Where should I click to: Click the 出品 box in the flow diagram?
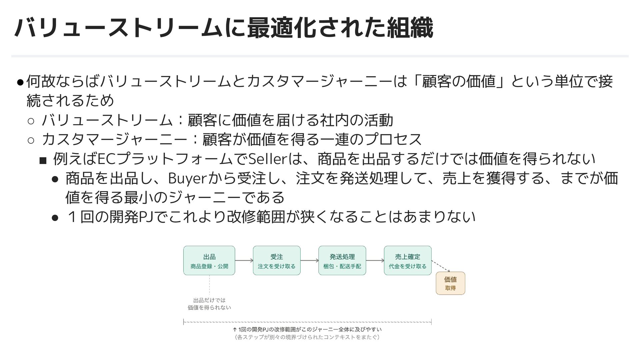point(209,260)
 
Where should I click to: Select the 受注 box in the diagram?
point(277,260)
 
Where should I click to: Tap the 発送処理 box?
point(342,260)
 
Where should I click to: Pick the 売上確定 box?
point(407,260)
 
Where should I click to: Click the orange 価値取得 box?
point(450,283)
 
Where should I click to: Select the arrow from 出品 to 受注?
point(244,261)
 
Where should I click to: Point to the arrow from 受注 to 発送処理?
point(309,261)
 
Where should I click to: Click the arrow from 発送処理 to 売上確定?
point(375,261)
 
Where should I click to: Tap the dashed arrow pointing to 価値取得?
point(441,266)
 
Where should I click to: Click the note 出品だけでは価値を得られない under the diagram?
point(209,304)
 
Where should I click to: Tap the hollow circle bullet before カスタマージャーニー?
point(31,140)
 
